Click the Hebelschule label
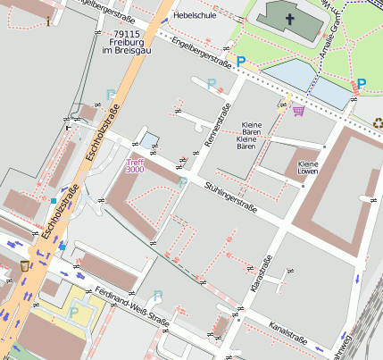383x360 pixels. [x=195, y=15]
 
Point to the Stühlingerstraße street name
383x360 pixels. [x=230, y=197]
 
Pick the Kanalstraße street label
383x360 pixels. [x=287, y=337]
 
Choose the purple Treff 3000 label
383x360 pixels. [x=135, y=166]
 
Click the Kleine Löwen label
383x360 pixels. [x=308, y=169]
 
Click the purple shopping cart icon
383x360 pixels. [x=298, y=111]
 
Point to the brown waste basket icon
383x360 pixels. [x=24, y=265]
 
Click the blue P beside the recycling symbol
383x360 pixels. [x=362, y=85]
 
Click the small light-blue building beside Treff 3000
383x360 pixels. [x=149, y=139]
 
